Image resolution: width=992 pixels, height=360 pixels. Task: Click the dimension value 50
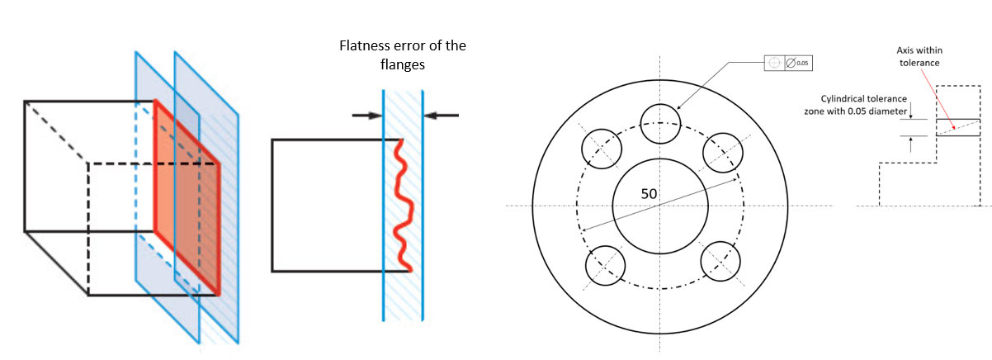[650, 193]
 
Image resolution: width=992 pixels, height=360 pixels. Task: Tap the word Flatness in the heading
[365, 45]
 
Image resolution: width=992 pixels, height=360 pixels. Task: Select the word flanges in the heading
[403, 64]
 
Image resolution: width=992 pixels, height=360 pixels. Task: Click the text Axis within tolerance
[918, 56]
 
